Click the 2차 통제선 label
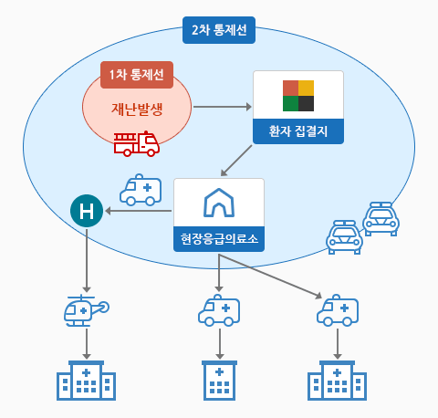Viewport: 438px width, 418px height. [x=219, y=30]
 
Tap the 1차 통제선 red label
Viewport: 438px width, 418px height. [x=137, y=75]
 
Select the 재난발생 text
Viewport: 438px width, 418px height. [x=137, y=110]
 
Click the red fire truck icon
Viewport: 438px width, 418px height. [x=137, y=143]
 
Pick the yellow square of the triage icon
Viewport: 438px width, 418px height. [x=306, y=88]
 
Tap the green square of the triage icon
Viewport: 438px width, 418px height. [x=290, y=103]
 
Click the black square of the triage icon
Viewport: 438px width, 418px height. [x=306, y=103]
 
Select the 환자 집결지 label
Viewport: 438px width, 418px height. [x=298, y=131]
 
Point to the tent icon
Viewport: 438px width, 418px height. [x=219, y=203]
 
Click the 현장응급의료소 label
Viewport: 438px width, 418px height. [x=219, y=239]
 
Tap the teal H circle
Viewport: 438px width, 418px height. [x=87, y=211]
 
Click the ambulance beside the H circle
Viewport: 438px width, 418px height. [x=141, y=190]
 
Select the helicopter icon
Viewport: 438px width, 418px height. [x=87, y=310]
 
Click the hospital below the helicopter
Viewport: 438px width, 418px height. [x=87, y=381]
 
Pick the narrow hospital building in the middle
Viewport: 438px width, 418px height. [x=219, y=381]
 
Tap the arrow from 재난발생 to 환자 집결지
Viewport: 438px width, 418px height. [x=223, y=107]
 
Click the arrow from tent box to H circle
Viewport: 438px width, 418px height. [x=139, y=211]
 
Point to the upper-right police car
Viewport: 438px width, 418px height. [x=381, y=219]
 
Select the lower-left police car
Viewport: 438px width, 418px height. [x=344, y=237]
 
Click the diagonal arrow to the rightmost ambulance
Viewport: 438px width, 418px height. [x=270, y=277]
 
